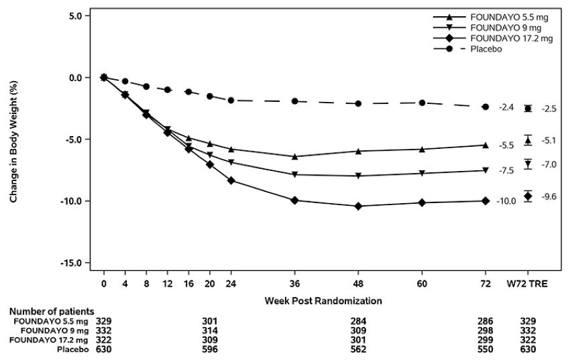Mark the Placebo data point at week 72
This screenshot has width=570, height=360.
pyautogui.click(x=486, y=107)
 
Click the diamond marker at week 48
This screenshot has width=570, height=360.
pyautogui.click(x=358, y=206)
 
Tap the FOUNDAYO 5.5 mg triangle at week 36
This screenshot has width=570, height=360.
pyautogui.click(x=294, y=156)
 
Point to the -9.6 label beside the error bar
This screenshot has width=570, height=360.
pyautogui.click(x=549, y=196)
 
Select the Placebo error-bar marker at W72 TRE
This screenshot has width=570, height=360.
pyautogui.click(x=528, y=109)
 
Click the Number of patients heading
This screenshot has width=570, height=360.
pyautogui.click(x=51, y=312)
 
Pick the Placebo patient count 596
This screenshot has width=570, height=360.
pyautogui.click(x=210, y=349)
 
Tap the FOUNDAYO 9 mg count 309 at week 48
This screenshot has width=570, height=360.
pyautogui.click(x=358, y=331)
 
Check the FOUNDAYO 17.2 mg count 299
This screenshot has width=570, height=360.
pyautogui.click(x=486, y=340)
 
